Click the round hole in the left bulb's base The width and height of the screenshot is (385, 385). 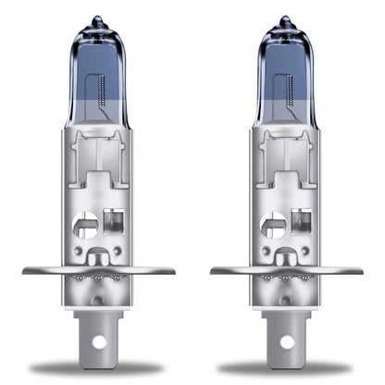(x=86, y=225)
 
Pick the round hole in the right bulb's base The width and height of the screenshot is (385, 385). (x=274, y=225)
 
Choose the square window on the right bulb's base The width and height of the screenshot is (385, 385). (x=300, y=222)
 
